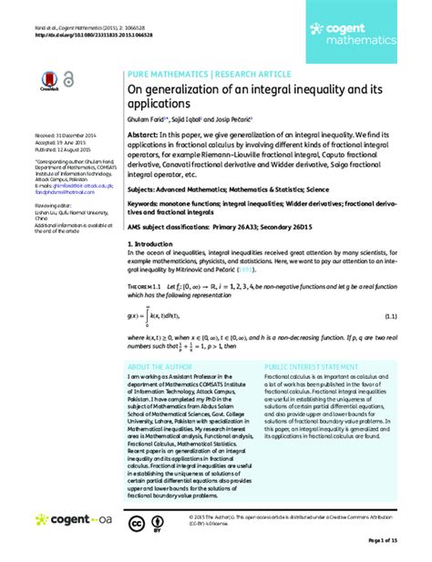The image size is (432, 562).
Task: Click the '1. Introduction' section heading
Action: (x=155, y=245)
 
